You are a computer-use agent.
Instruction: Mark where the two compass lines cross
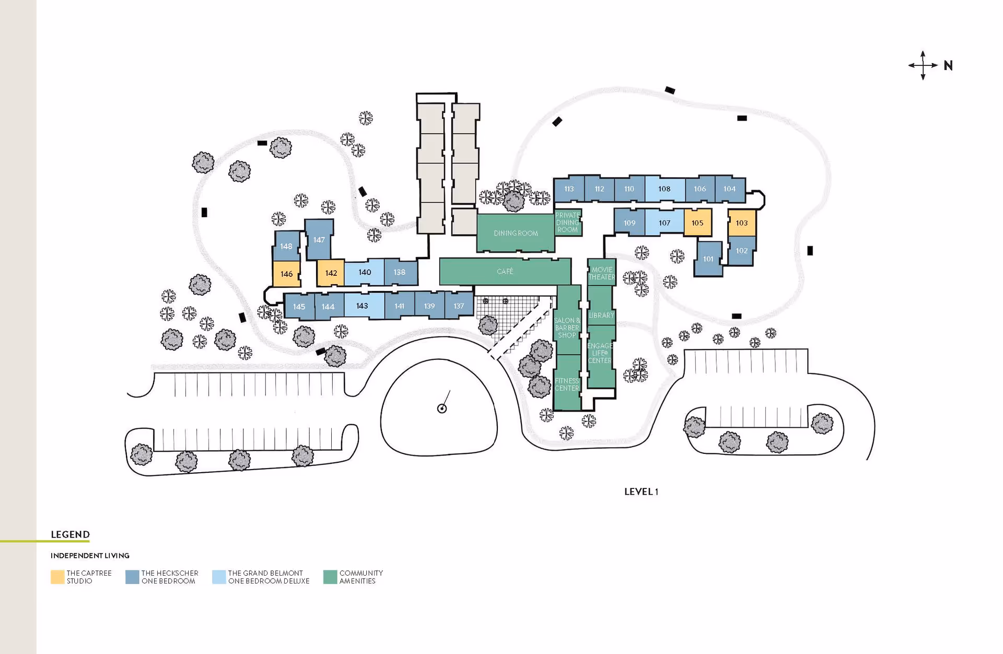[x=923, y=65]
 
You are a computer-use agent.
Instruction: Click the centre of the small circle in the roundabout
[x=442, y=408]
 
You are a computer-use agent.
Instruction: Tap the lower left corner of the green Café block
[x=440, y=285]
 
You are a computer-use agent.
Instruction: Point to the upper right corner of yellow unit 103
[x=756, y=210]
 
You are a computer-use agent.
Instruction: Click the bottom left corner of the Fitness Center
[x=554, y=410]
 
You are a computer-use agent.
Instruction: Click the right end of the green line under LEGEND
[x=89, y=541]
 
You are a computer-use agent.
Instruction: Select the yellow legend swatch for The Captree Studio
[x=57, y=577]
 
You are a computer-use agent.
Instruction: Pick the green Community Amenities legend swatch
[x=330, y=577]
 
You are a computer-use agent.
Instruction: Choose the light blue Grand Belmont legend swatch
[x=219, y=577]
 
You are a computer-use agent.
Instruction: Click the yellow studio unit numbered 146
[x=286, y=274]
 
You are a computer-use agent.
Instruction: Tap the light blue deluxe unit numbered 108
[x=664, y=189]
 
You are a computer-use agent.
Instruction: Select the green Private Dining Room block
[x=568, y=223]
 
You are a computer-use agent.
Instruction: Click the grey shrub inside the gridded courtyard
[x=488, y=325]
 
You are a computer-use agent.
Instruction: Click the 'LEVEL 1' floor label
[x=641, y=492]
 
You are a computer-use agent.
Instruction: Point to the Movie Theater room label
[x=602, y=274]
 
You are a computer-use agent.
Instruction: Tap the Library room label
[x=601, y=316]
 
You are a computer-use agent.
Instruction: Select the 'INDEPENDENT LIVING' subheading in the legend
[x=90, y=555]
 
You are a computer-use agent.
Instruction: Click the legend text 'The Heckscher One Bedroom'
[x=170, y=577]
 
